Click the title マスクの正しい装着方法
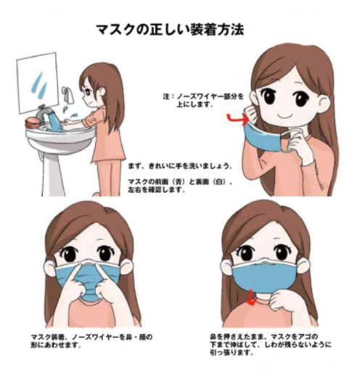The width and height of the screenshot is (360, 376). tap(170, 30)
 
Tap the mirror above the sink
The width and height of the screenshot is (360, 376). tap(38, 83)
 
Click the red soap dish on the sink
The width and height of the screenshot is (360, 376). tap(33, 122)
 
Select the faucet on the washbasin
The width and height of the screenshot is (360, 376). tap(45, 113)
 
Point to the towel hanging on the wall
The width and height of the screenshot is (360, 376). tap(68, 95)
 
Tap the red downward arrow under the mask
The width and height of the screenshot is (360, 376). tap(252, 298)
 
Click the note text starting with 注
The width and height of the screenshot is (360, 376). tap(202, 100)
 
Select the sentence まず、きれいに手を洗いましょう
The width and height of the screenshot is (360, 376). tap(180, 165)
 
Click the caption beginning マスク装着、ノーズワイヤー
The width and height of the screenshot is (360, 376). tap(91, 340)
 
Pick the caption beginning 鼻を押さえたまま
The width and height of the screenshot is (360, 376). tap(270, 344)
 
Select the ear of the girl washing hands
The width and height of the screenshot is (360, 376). tap(102, 91)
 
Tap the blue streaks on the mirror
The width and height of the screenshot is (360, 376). tap(38, 85)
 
